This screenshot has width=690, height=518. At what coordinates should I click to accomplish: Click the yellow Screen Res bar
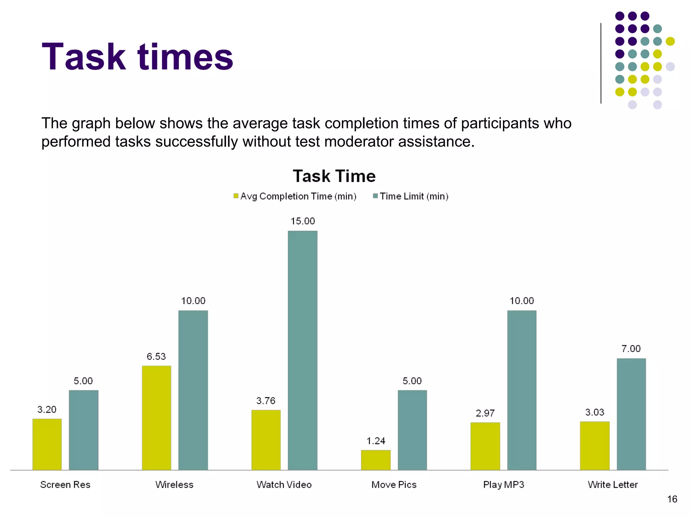(x=47, y=444)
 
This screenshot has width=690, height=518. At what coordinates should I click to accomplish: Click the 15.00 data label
(x=303, y=221)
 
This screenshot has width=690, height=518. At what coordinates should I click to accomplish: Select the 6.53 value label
(x=156, y=356)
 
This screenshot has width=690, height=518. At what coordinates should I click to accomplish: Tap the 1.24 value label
(x=376, y=441)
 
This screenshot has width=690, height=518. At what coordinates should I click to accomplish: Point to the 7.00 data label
(x=631, y=349)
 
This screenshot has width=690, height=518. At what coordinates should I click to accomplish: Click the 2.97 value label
(x=485, y=413)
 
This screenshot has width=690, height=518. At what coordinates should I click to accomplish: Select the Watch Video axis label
(x=284, y=485)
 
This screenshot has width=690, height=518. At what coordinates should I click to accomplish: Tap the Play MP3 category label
(x=504, y=485)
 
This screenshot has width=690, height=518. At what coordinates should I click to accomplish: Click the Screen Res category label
(x=65, y=485)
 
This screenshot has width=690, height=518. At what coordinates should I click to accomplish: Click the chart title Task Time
(x=334, y=176)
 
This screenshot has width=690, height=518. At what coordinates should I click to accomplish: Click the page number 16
(x=672, y=499)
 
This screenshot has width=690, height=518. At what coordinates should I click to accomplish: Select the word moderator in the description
(x=359, y=142)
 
